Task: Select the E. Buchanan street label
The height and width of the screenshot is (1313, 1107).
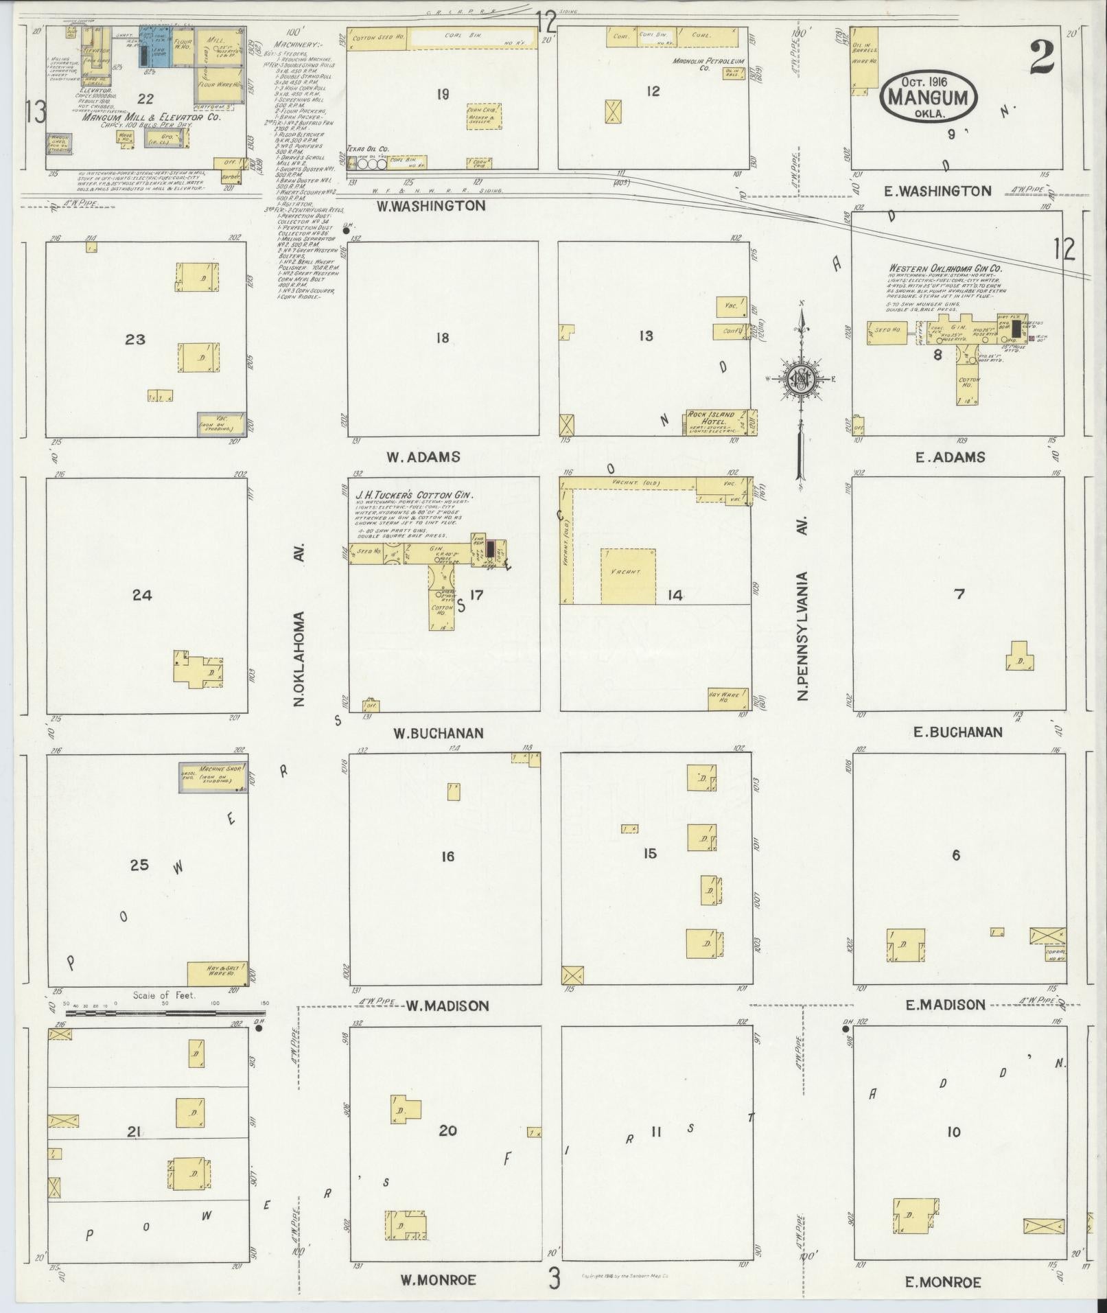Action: click(957, 732)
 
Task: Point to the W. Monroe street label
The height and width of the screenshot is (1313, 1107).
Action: click(438, 1279)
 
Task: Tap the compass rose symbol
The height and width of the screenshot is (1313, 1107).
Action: click(800, 379)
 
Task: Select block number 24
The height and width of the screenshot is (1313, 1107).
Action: click(142, 595)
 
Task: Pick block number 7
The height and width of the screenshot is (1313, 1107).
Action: click(959, 594)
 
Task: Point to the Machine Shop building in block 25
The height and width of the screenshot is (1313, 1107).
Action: click(213, 777)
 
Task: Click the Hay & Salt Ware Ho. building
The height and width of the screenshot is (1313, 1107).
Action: click(217, 973)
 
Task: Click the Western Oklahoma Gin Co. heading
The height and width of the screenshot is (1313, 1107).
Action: click(945, 268)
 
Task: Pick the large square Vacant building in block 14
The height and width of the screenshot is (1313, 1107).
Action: click(628, 576)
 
